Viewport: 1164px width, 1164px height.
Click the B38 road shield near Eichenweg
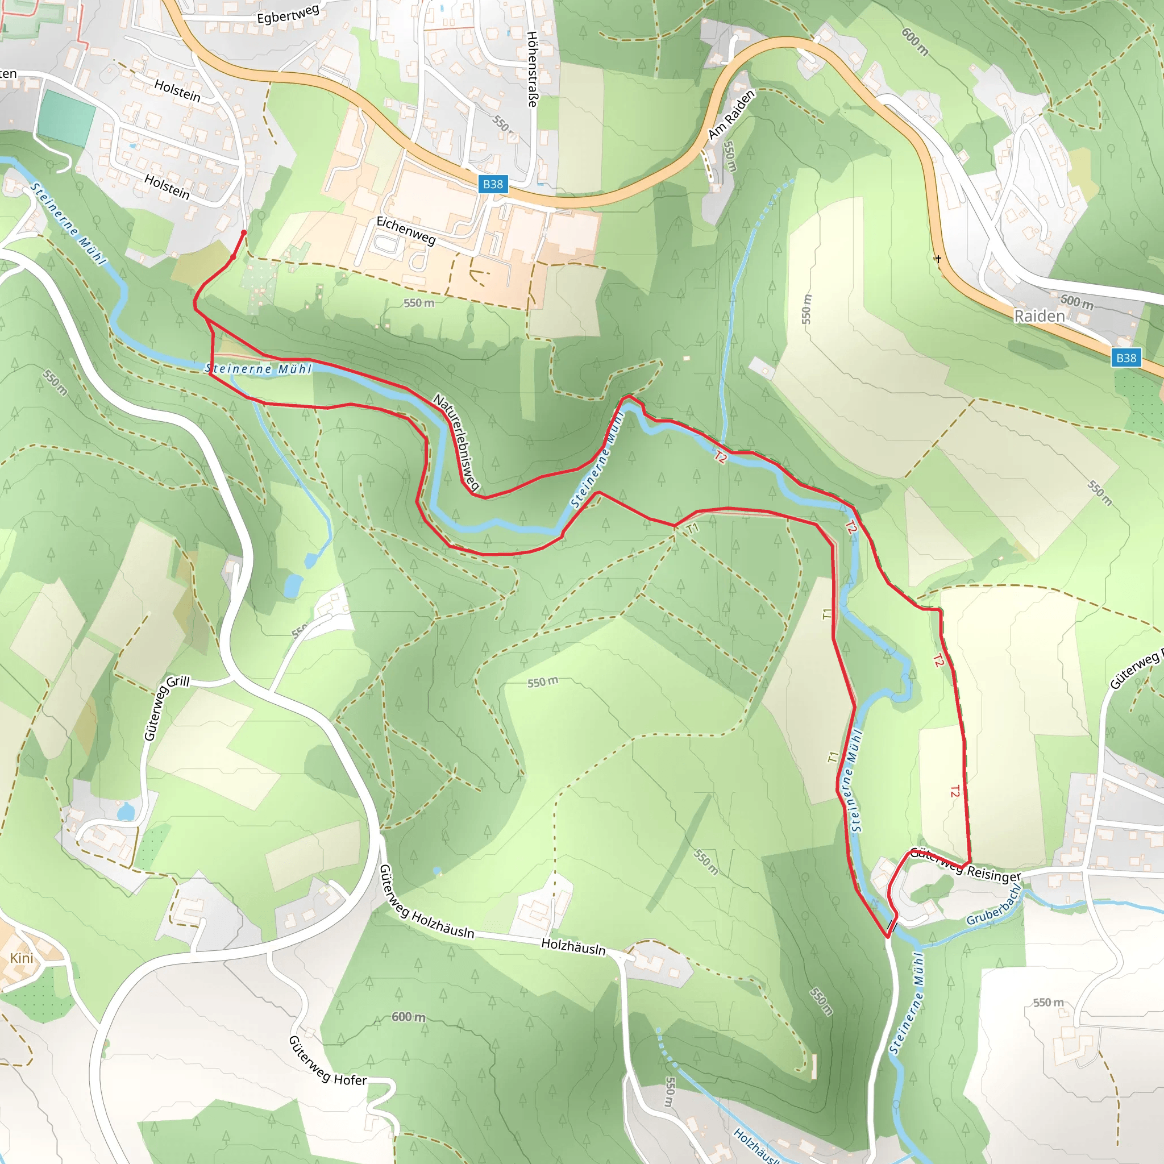492,184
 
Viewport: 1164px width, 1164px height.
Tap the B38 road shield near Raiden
1125,358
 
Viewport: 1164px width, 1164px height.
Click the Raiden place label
1040,317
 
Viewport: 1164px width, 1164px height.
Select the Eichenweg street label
405,230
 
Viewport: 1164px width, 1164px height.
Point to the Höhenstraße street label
532,69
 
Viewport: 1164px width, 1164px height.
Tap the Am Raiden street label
731,115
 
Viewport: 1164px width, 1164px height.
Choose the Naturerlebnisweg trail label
456,442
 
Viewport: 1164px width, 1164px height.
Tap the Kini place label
22,958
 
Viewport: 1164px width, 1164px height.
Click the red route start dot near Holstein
243,232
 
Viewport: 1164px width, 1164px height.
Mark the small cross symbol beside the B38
938,259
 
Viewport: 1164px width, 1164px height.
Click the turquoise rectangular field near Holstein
66,118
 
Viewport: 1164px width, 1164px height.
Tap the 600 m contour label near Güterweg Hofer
408,1017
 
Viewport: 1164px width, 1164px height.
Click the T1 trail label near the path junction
693,529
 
